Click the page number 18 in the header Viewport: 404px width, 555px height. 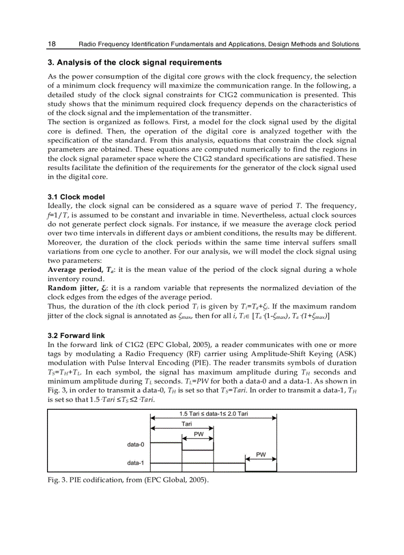pyautogui.click(x=51, y=44)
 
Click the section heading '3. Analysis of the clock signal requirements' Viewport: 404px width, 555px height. pyautogui.click(x=134, y=63)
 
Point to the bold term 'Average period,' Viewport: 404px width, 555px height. pyautogui.click(x=74, y=270)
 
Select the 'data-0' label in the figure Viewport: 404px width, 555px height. pyautogui.click(x=135, y=444)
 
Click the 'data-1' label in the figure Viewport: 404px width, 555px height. pyautogui.click(x=135, y=463)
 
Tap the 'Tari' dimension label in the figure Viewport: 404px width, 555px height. pyautogui.click(x=187, y=424)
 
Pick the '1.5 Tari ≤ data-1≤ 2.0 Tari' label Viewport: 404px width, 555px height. pyautogui.click(x=213, y=413)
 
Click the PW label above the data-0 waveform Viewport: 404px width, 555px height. pyautogui.click(x=198, y=434)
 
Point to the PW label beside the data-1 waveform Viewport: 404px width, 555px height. pyautogui.click(x=261, y=454)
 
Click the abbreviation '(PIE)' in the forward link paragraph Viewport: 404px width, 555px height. pyautogui.click(x=190, y=363)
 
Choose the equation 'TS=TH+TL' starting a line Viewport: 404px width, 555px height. pyautogui.click(x=64, y=372)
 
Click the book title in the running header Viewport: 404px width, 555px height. pyautogui.click(x=219, y=44)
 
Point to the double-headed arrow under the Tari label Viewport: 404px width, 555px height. pyautogui.click(x=182, y=428)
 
